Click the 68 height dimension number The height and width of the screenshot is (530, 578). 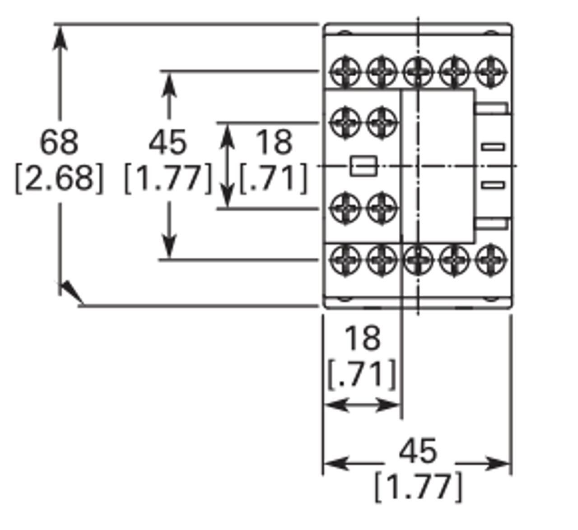(x=59, y=142)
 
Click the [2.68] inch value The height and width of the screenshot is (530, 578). (x=59, y=178)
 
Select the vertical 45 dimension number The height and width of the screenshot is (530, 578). (x=168, y=142)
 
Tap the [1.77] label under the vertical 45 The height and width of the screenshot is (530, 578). (x=168, y=178)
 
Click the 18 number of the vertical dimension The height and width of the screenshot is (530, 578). (x=274, y=142)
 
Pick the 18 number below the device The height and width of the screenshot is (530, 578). (x=363, y=338)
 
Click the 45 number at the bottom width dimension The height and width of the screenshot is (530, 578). (x=418, y=450)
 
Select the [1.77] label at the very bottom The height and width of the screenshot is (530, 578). (x=419, y=487)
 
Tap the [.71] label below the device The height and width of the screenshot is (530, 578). (x=362, y=374)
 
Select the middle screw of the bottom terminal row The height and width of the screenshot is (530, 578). (x=418, y=260)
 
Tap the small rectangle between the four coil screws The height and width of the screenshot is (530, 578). (x=364, y=166)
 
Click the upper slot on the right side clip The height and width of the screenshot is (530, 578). (x=493, y=147)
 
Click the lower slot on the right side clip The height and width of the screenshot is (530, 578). (x=493, y=184)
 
